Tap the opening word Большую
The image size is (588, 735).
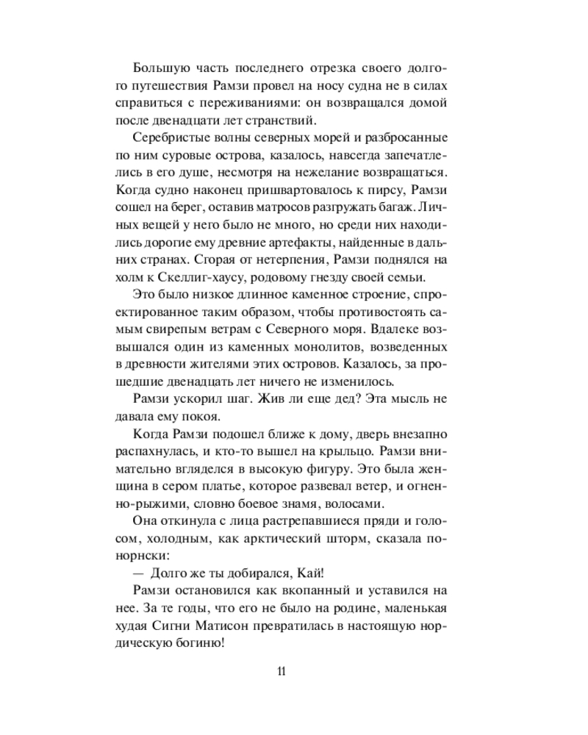(158, 68)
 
